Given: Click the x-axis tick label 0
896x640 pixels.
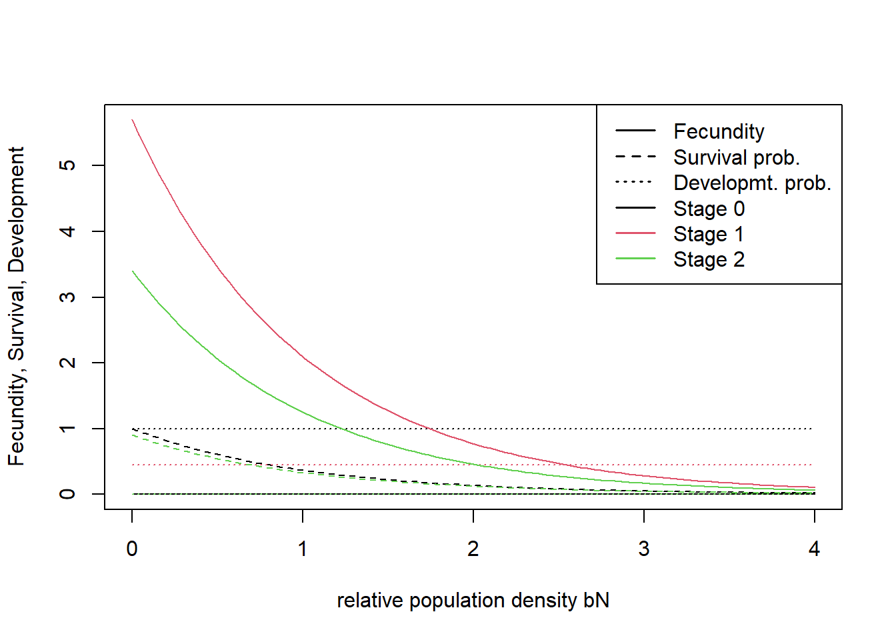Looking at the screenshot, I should tap(132, 549).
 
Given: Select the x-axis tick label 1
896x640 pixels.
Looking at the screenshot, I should tap(303, 549).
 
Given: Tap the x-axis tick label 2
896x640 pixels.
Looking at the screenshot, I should tap(473, 549).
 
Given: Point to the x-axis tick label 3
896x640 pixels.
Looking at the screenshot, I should tap(644, 549).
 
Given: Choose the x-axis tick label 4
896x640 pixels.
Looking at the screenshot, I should tap(814, 549).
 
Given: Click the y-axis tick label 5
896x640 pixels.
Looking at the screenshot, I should tap(67, 165).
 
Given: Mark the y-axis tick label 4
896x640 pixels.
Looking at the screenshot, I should tap(67, 231).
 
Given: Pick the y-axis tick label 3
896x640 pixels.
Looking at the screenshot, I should tap(67, 297).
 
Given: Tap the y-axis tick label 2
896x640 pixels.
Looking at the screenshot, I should tap(67, 363).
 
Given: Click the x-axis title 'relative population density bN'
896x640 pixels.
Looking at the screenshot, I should tap(473, 601).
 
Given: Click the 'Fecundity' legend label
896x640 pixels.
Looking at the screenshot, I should tap(719, 132).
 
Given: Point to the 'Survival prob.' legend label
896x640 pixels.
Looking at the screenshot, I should tap(736, 157).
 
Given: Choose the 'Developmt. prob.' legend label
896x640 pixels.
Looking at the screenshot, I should tap(752, 183).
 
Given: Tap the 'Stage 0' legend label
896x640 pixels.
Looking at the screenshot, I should tap(709, 209).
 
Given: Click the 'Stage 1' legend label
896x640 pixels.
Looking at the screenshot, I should tap(709, 234).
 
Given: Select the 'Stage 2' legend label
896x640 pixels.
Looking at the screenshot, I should tap(709, 259).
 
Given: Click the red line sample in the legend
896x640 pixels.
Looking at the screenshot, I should tap(635, 233).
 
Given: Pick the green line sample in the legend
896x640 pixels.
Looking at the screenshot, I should tap(635, 259).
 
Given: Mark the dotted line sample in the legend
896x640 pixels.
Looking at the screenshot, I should tap(635, 182).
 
